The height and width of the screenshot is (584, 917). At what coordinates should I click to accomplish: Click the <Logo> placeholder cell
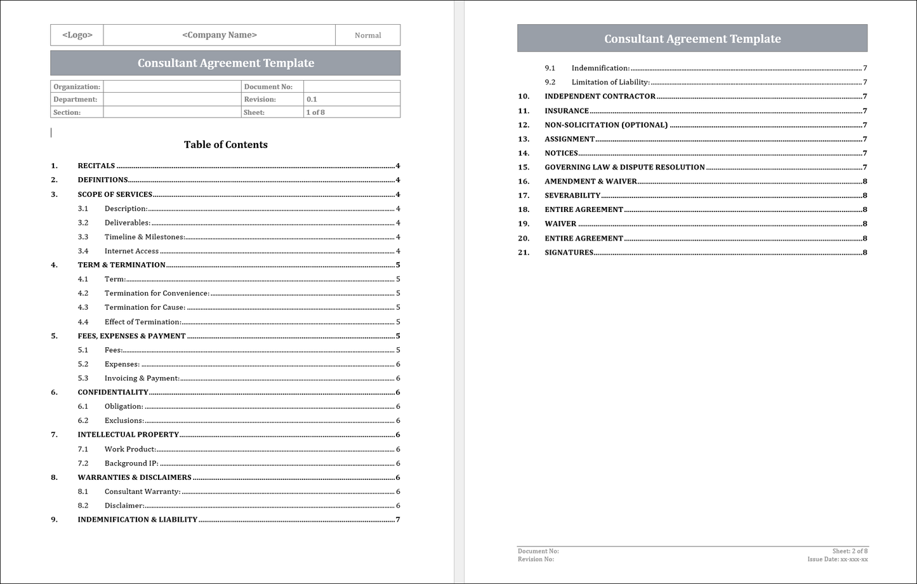(77, 35)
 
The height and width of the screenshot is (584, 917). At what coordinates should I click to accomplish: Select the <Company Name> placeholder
(220, 35)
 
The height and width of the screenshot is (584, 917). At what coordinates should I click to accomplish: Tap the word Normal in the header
(367, 36)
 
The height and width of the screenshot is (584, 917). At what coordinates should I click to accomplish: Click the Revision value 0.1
(312, 100)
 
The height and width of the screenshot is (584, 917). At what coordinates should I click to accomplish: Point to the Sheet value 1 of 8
(315, 112)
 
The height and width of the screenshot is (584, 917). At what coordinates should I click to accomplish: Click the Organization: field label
(77, 87)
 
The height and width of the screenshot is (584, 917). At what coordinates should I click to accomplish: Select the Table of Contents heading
(225, 145)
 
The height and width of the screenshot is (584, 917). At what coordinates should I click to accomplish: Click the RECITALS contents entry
(96, 166)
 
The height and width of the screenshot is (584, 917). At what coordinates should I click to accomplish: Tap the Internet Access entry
(131, 251)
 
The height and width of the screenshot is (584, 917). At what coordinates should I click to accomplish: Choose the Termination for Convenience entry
(157, 293)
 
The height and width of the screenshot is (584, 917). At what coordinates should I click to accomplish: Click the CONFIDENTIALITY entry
(113, 392)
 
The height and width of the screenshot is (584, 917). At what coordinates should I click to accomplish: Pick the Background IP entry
(131, 463)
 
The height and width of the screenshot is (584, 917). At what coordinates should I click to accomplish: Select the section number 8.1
(83, 491)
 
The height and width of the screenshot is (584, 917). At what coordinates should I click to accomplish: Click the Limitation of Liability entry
(610, 82)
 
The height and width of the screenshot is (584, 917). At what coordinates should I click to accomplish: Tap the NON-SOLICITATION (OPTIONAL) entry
(606, 125)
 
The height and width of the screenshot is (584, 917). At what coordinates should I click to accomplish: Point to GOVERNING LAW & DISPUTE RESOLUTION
(624, 168)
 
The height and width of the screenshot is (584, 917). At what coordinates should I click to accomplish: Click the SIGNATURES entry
(569, 253)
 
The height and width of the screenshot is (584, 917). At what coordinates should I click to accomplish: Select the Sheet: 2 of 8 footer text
(850, 551)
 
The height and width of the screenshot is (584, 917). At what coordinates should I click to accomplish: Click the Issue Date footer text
(837, 559)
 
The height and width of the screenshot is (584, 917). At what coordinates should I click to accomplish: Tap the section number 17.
(524, 196)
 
